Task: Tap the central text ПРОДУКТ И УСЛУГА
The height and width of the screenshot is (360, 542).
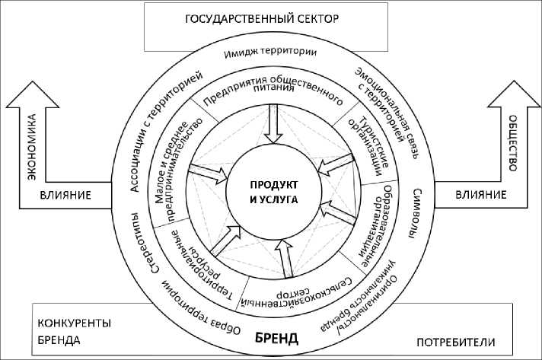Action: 272,192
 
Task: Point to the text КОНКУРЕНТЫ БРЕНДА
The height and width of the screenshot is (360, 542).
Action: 73,332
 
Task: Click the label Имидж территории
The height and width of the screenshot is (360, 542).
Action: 271,53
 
